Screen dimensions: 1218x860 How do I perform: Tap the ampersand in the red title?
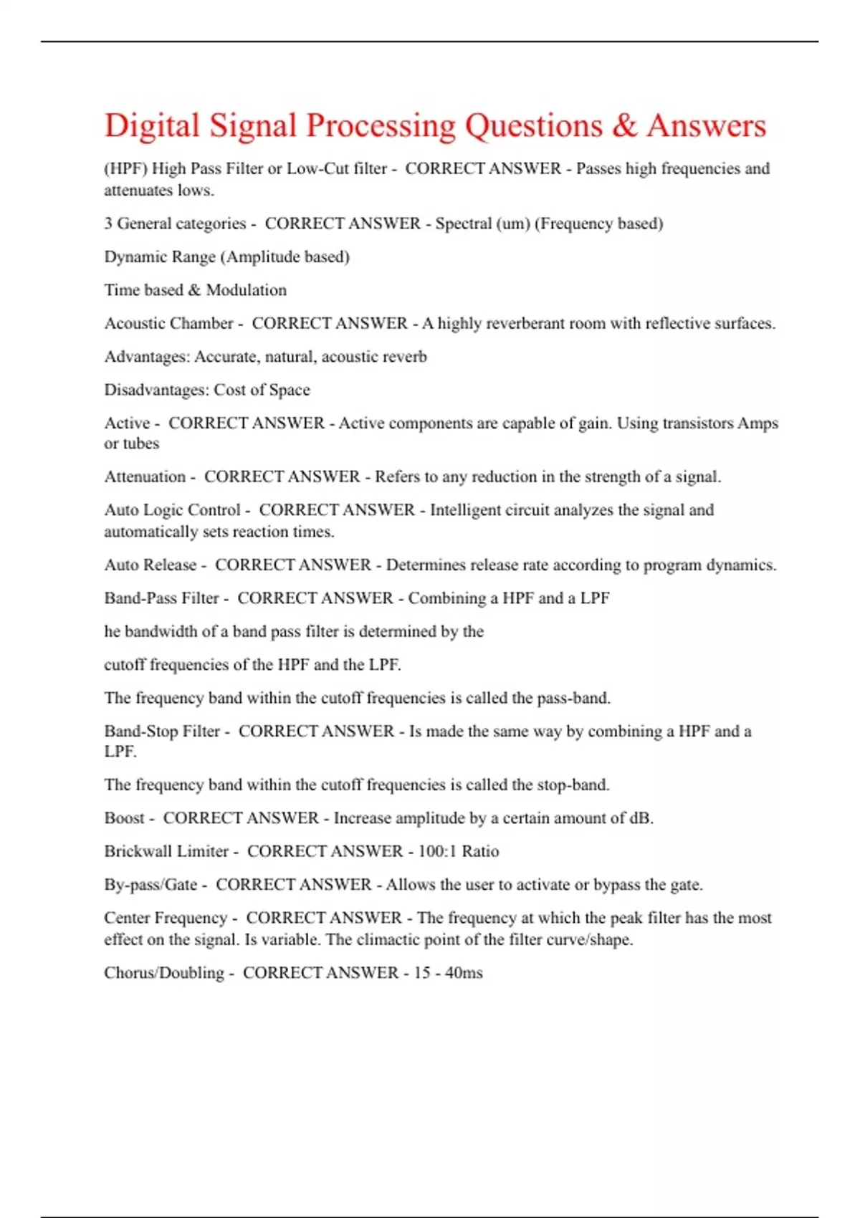624,126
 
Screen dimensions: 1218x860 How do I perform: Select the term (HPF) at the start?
125,169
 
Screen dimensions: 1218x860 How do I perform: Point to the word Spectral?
463,224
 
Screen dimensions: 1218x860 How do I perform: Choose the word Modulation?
246,290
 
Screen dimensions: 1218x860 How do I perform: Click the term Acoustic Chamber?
169,324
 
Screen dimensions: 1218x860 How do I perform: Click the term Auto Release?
150,565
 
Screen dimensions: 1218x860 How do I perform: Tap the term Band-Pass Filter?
161,598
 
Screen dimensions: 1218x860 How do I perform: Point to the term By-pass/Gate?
150,885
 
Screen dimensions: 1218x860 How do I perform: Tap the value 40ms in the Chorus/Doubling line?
464,973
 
